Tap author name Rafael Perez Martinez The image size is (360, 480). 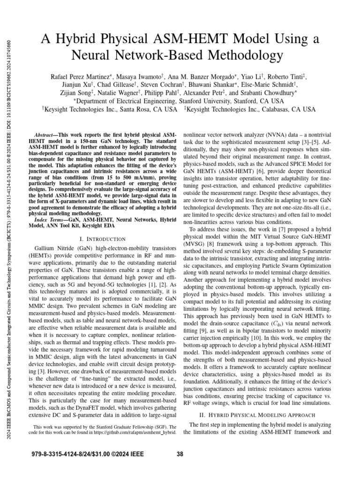pyautogui.click(x=82, y=76)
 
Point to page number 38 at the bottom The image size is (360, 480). pyautogui.click(x=180, y=453)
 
